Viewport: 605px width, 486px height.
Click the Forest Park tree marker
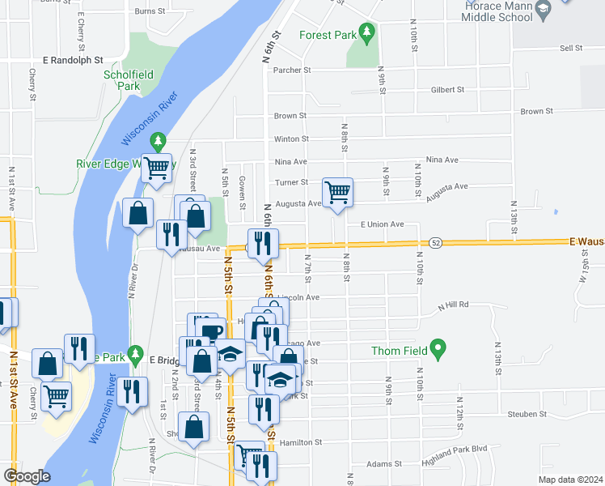point(368,33)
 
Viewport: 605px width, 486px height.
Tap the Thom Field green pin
point(438,351)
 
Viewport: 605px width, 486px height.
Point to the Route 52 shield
point(436,242)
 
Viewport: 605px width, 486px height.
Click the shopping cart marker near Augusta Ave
point(337,193)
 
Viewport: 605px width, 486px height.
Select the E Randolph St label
point(74,60)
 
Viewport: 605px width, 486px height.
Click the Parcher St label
point(292,70)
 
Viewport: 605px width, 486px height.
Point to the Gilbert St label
point(447,90)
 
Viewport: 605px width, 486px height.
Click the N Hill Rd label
point(454,305)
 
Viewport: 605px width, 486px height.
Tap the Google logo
point(27,477)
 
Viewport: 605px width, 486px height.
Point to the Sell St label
point(571,49)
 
